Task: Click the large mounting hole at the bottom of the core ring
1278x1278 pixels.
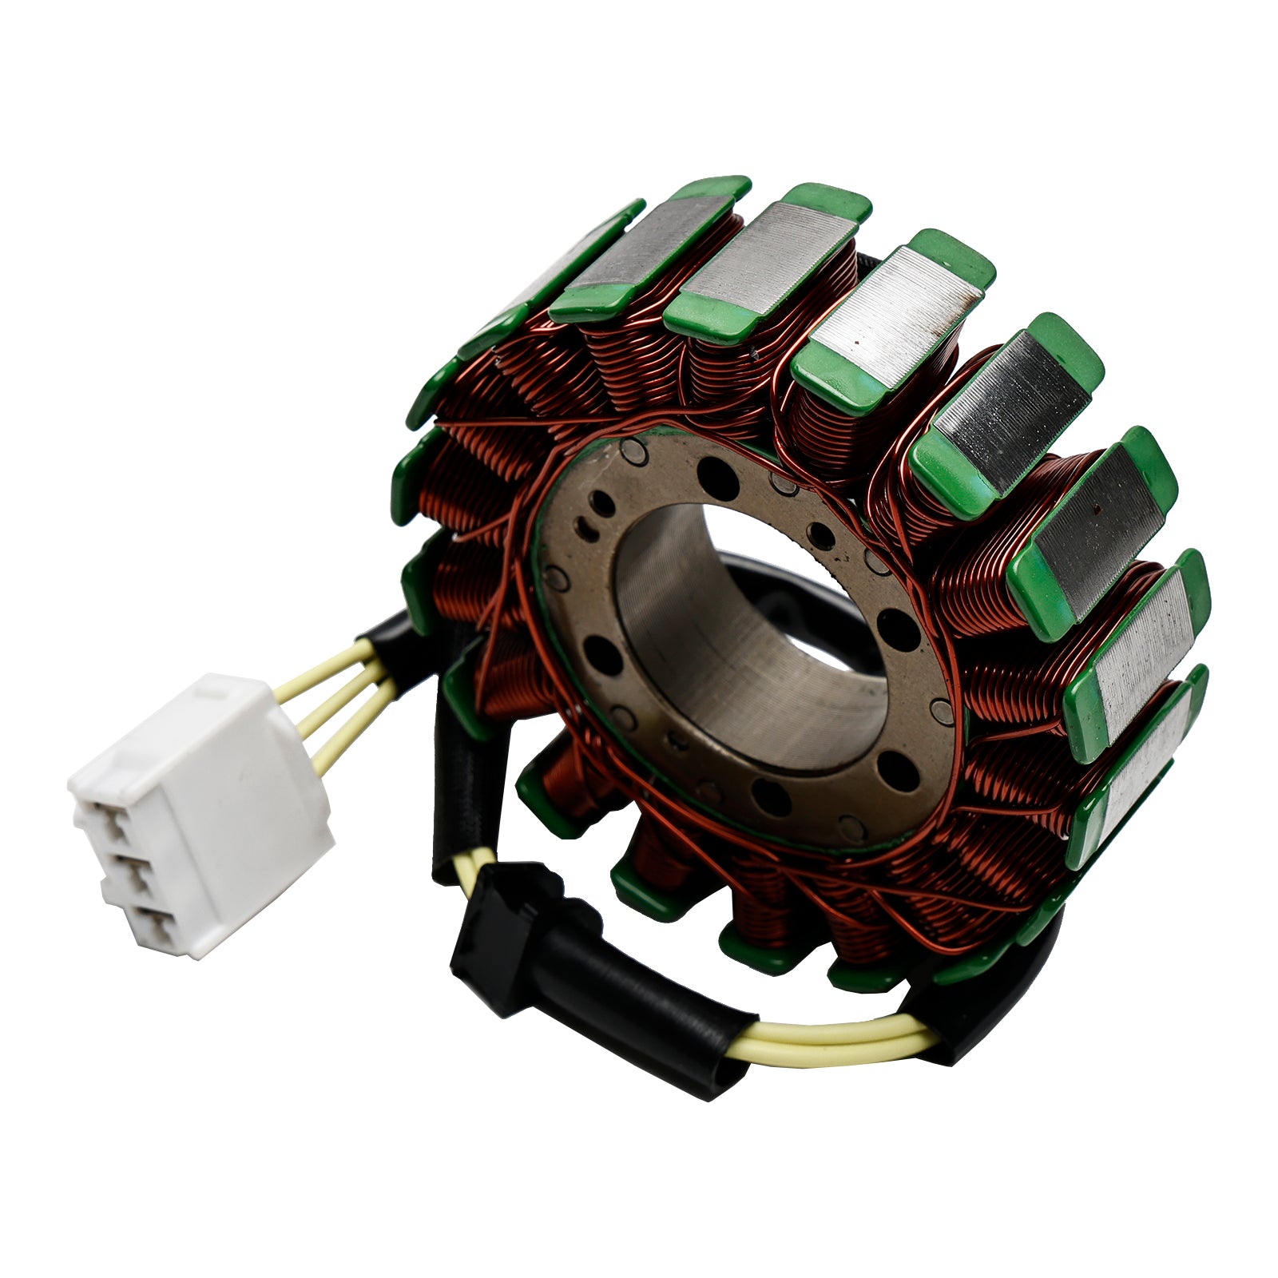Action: pos(771,799)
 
